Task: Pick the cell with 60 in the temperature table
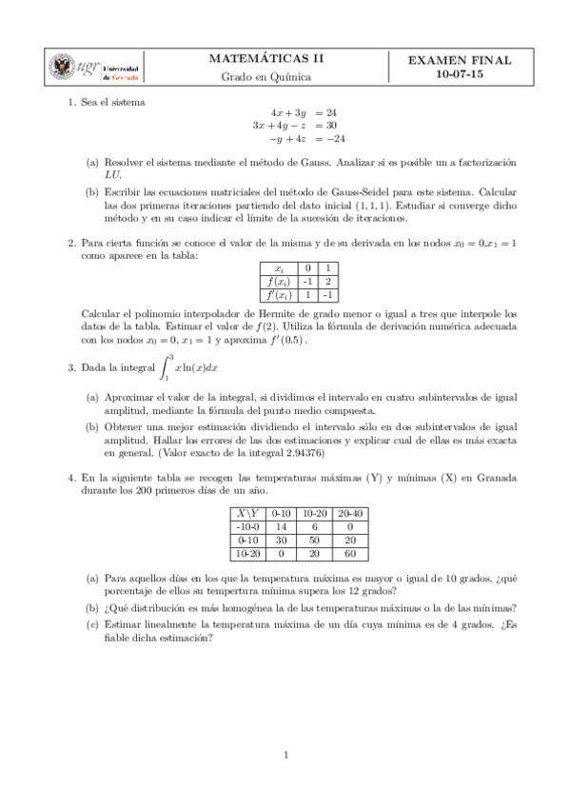click(x=350, y=552)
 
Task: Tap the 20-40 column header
click(x=350, y=512)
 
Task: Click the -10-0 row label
click(x=247, y=525)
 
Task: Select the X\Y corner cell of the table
click(x=247, y=512)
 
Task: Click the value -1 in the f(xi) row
click(x=308, y=282)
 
